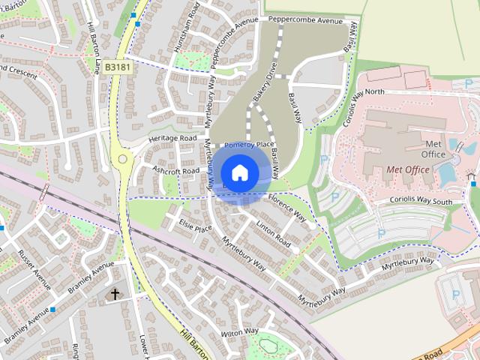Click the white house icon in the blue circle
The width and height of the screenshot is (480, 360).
coord(239,172)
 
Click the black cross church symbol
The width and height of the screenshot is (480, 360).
coord(115,294)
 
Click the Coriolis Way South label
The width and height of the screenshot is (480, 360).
coord(421,201)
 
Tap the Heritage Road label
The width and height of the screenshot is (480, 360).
coord(172,139)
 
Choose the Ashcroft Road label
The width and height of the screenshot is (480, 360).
coord(176,170)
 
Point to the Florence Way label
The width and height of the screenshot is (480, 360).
coord(286,209)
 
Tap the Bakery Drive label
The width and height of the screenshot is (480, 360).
coord(265,84)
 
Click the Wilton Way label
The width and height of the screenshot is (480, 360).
coord(239,331)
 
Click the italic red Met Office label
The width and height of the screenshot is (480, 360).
coord(407,169)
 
